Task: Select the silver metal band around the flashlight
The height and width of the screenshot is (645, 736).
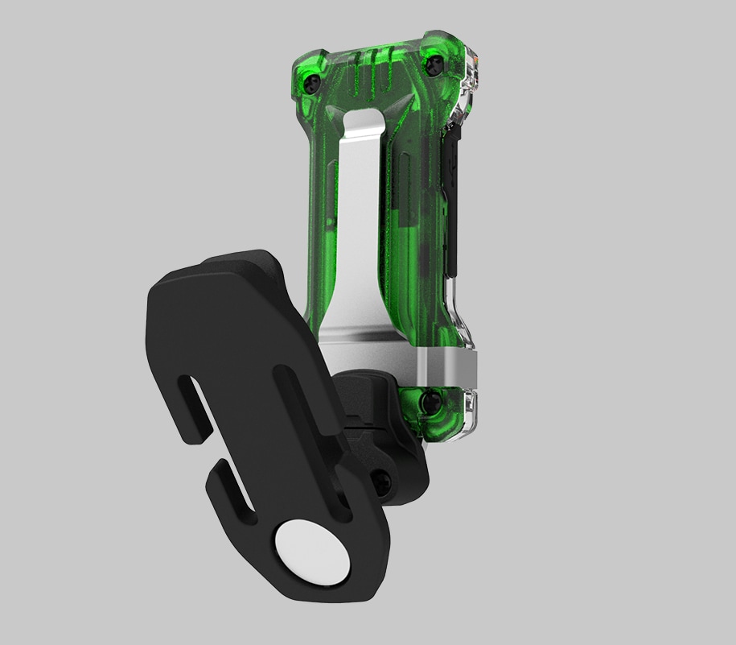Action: click(446, 370)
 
